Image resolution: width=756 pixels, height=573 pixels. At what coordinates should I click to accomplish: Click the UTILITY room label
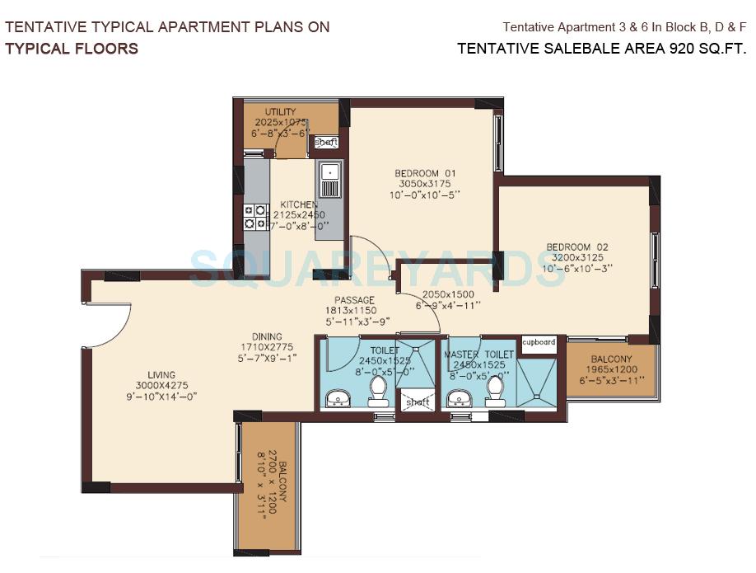tap(280, 112)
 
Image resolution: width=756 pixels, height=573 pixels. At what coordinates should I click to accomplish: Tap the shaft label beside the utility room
tap(326, 143)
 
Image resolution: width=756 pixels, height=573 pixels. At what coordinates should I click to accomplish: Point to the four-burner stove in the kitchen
tap(254, 216)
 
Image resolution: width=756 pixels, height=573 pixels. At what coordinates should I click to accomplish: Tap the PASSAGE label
tap(354, 300)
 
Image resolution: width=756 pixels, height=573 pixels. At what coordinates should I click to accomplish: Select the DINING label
tap(267, 336)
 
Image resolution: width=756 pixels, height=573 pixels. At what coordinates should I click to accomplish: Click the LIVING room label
tap(156, 374)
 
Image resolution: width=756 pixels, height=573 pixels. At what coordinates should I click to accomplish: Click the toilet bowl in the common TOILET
tap(379, 391)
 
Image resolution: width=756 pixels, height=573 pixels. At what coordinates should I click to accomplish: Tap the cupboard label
tap(539, 341)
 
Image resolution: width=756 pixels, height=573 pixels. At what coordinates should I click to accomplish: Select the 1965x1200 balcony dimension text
tap(611, 371)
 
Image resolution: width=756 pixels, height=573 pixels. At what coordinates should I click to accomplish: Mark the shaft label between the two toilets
tap(418, 402)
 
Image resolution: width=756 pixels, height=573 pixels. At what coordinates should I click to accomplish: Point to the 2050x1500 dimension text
tap(448, 294)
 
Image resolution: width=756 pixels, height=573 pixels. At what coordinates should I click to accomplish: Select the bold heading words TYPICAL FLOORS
tap(72, 48)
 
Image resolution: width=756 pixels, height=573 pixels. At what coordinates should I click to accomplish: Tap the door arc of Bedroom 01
tap(362, 251)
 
